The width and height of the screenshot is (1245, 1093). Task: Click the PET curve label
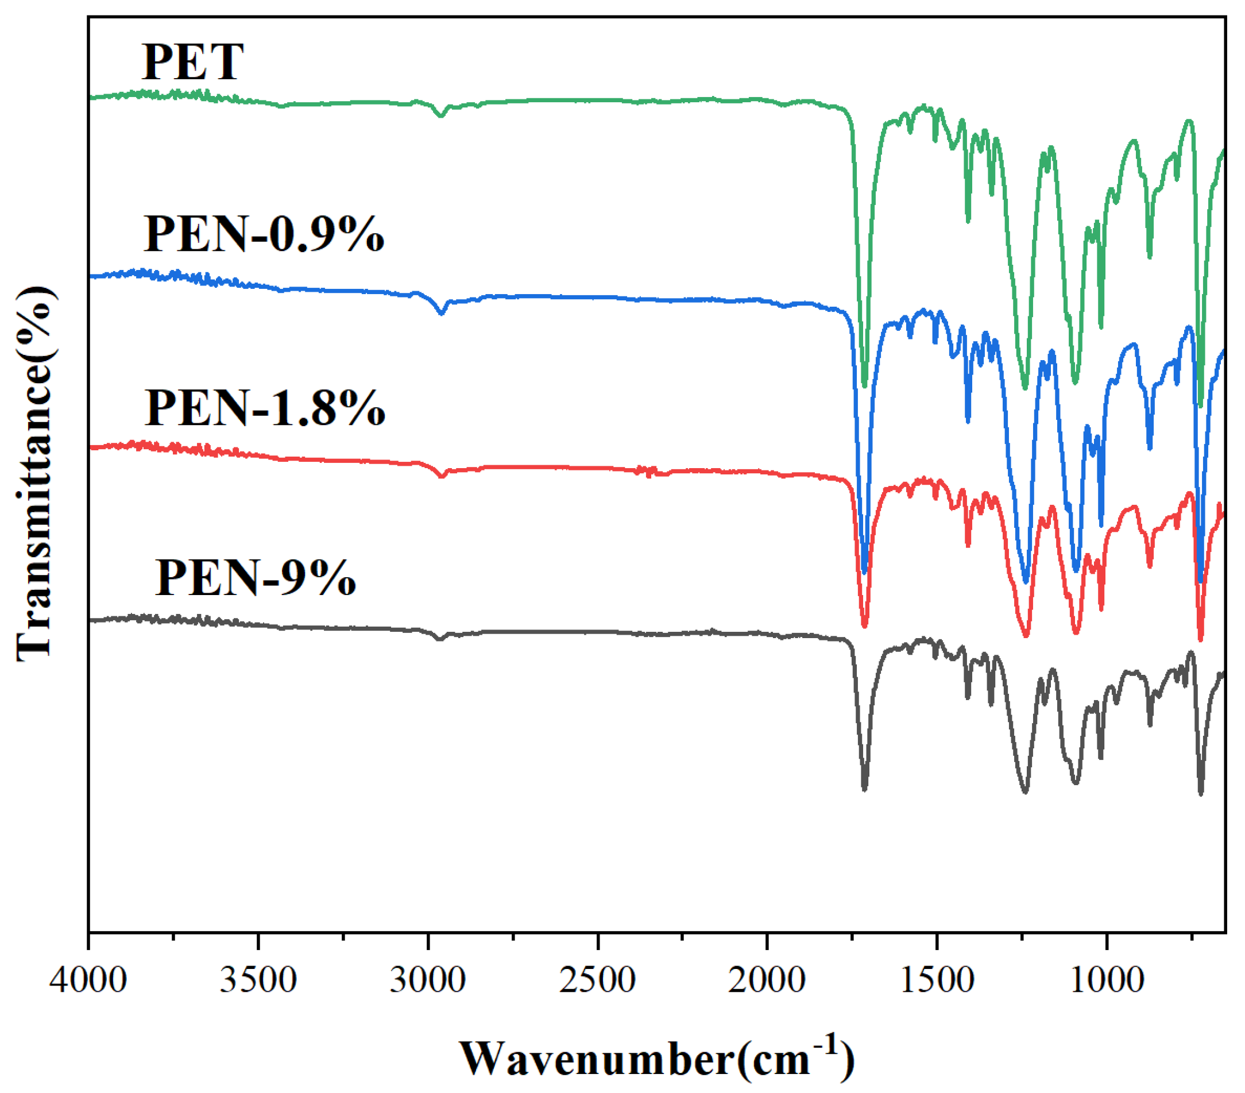tap(192, 62)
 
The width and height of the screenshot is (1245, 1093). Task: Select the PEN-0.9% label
tap(264, 234)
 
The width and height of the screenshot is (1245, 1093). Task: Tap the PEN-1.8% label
tap(264, 408)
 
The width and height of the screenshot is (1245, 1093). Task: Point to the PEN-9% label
tap(255, 578)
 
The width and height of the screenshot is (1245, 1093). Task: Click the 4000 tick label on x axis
tap(89, 981)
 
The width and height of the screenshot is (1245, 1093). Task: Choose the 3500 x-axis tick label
tap(258, 981)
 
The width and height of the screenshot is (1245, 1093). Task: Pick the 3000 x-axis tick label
tap(428, 981)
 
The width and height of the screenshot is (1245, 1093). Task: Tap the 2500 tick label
tap(598, 981)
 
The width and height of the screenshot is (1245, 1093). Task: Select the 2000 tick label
tap(767, 981)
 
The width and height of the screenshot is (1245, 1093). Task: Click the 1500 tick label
tap(936, 981)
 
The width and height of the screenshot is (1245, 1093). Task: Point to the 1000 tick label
tap(1105, 981)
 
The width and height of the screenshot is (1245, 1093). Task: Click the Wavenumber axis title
tap(656, 1059)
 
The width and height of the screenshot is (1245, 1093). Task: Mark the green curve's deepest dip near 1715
tap(864, 385)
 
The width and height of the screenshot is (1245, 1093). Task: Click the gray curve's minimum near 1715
tap(864, 790)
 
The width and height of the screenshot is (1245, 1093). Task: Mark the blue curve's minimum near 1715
tap(864, 571)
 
